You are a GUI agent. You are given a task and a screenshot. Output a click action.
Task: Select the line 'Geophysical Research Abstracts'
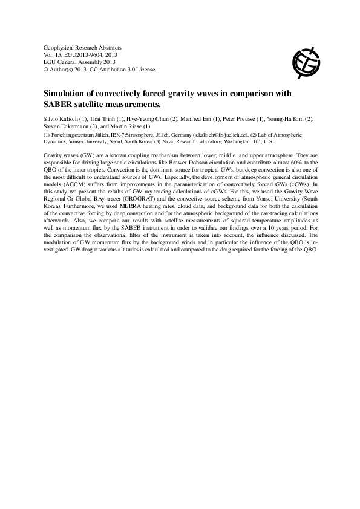click(83, 47)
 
